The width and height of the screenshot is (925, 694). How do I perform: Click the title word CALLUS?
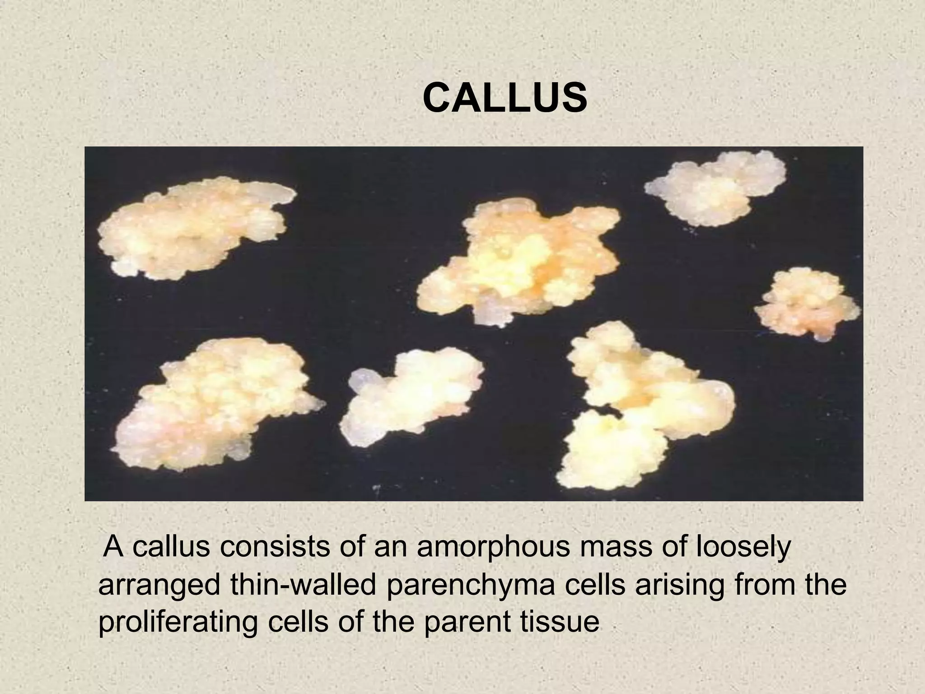[x=505, y=99]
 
